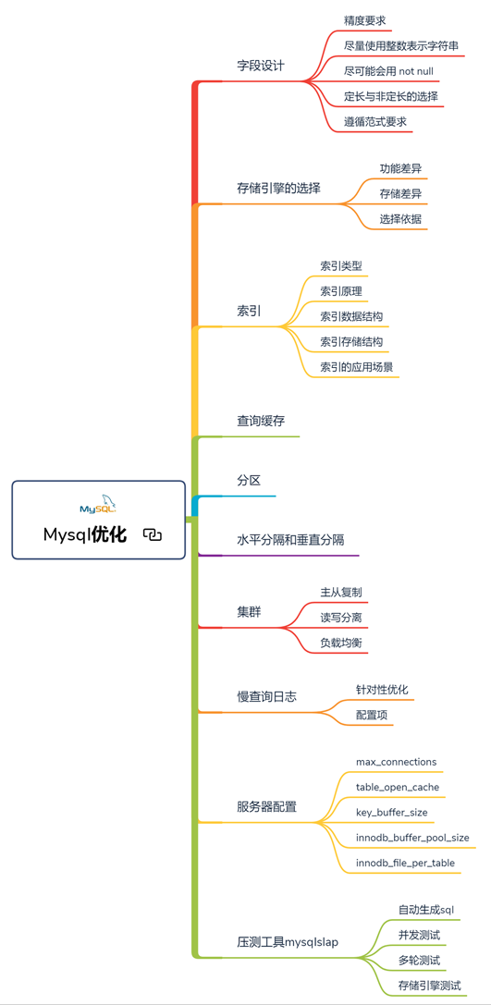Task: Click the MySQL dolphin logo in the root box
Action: (98, 505)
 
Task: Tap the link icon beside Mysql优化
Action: (153, 534)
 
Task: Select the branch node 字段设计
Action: (261, 66)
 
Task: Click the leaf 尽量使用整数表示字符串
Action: (401, 45)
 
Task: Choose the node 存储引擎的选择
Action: (279, 189)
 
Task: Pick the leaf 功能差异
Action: (400, 169)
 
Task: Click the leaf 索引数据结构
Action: (352, 316)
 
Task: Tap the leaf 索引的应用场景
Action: (357, 367)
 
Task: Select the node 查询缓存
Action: (261, 421)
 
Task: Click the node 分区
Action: (249, 480)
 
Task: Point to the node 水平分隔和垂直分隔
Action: (290, 540)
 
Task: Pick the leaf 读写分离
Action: (341, 618)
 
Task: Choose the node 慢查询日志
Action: (266, 696)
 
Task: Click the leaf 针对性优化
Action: (382, 690)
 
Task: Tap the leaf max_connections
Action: (396, 762)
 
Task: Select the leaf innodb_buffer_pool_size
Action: (412, 838)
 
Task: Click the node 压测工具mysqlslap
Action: (288, 942)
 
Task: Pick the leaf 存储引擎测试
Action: (429, 986)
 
